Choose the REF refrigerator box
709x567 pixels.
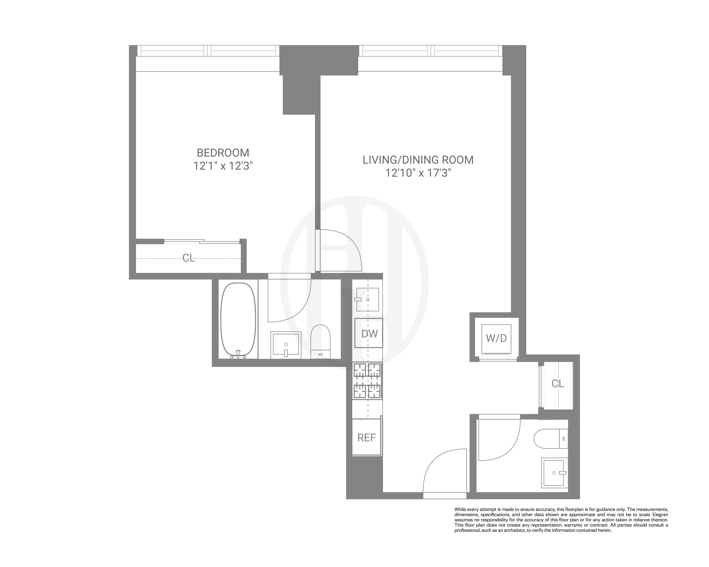[x=366, y=437]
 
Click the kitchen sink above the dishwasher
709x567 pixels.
[x=368, y=299]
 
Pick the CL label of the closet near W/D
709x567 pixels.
[x=558, y=383]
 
